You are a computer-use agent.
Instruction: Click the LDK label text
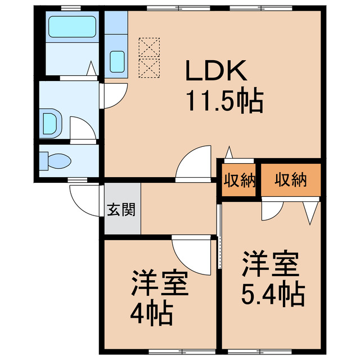216,71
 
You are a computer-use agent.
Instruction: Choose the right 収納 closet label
291,180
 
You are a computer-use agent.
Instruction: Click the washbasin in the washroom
51,121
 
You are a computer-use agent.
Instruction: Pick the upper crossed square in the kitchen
149,46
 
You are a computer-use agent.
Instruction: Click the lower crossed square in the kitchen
149,67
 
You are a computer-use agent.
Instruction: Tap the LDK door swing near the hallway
193,164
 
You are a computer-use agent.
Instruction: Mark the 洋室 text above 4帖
159,284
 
